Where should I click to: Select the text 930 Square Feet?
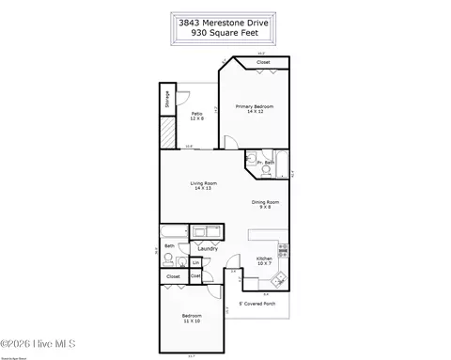225,30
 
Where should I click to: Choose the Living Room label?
204,185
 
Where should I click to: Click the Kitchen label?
264,261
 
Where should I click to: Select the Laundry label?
208,248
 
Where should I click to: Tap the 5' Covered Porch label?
255,304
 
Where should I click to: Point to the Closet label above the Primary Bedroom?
264,62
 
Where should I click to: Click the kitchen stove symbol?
284,250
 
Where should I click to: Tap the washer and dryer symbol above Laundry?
206,232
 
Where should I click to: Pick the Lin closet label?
195,262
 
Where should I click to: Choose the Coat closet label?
195,275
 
